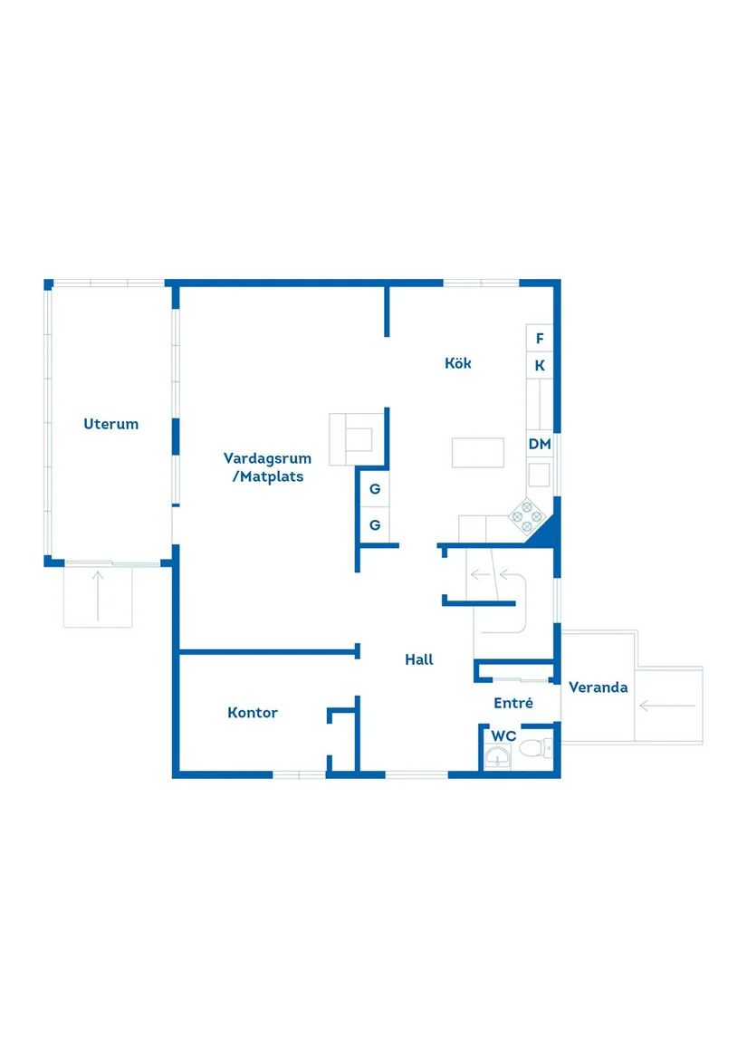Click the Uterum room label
click(111, 423)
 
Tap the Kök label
click(458, 363)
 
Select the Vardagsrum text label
click(267, 458)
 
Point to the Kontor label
click(253, 713)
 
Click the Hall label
click(419, 659)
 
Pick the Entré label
click(513, 703)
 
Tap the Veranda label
click(598, 687)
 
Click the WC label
click(503, 735)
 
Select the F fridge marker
click(540, 339)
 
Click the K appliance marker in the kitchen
click(540, 366)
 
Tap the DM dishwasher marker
click(540, 444)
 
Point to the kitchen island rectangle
click(478, 452)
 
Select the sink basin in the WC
click(497, 756)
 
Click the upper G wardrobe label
click(375, 490)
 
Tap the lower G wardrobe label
click(375, 524)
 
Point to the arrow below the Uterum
click(98, 596)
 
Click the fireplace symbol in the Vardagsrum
click(353, 437)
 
